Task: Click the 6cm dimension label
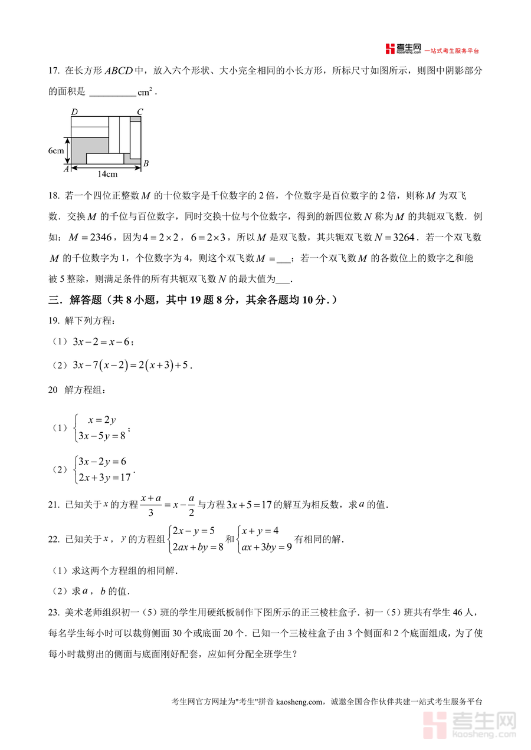[56, 151]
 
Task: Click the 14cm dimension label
[107, 173]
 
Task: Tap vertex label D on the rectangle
[74, 111]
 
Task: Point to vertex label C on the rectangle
[140, 111]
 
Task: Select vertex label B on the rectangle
[146, 163]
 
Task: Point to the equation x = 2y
[101, 420]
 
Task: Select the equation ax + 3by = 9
[266, 547]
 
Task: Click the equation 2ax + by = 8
[197, 547]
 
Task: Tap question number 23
[53, 613]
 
